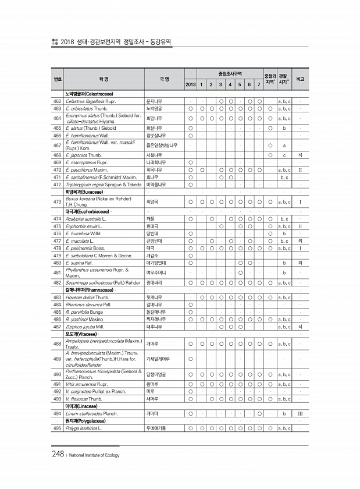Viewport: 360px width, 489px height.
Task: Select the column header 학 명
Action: click(x=104, y=79)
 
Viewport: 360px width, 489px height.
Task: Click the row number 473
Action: click(x=57, y=201)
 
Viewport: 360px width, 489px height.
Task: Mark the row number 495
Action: click(x=57, y=428)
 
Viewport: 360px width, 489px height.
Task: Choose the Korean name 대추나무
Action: click(x=154, y=327)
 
